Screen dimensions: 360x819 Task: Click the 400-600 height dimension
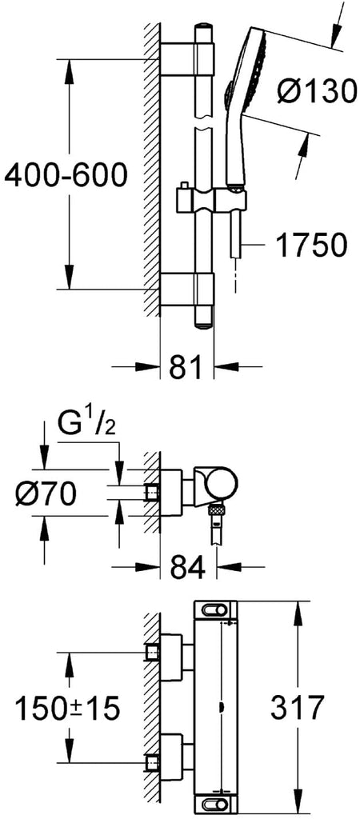(66, 175)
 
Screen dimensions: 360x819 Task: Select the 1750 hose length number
(311, 245)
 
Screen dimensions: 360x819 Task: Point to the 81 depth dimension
(185, 367)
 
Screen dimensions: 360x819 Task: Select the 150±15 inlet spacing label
(68, 708)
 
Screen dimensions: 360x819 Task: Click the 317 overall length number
(296, 709)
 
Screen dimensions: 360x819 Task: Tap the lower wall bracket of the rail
(187, 289)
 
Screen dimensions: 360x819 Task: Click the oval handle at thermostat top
(216, 609)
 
